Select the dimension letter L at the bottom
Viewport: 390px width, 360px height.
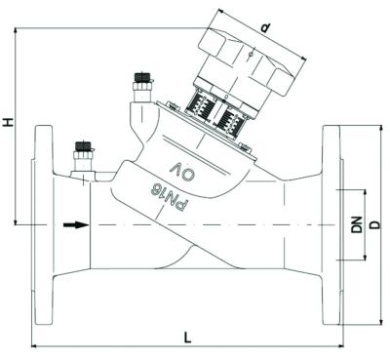pyautogui.click(x=188, y=337)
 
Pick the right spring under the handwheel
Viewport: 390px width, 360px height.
pyautogui.click(x=234, y=124)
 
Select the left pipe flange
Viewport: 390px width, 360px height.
pyautogui.click(x=43, y=225)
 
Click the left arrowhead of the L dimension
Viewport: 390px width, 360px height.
pyautogui.click(x=35, y=345)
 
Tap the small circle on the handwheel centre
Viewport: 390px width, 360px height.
pyautogui.click(x=252, y=56)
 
